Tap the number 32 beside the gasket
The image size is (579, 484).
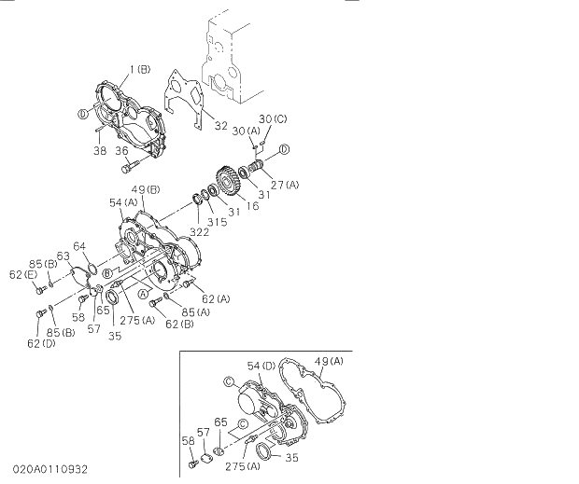pyautogui.click(x=221, y=125)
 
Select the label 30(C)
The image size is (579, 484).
pyautogui.click(x=274, y=118)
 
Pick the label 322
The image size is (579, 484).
pyautogui.click(x=200, y=230)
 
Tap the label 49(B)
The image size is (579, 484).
pyautogui.click(x=147, y=190)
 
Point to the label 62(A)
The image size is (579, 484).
pyautogui.click(x=216, y=299)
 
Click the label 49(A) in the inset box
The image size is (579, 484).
pyautogui.click(x=329, y=361)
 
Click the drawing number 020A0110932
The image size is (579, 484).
pyautogui.click(x=51, y=469)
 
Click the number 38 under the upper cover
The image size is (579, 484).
pyautogui.click(x=98, y=150)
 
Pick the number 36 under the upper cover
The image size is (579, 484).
pyautogui.click(x=122, y=150)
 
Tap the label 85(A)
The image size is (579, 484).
pyautogui.click(x=196, y=312)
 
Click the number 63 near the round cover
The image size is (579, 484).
pyautogui.click(x=64, y=255)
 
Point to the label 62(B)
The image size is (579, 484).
pyautogui.click(x=180, y=324)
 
